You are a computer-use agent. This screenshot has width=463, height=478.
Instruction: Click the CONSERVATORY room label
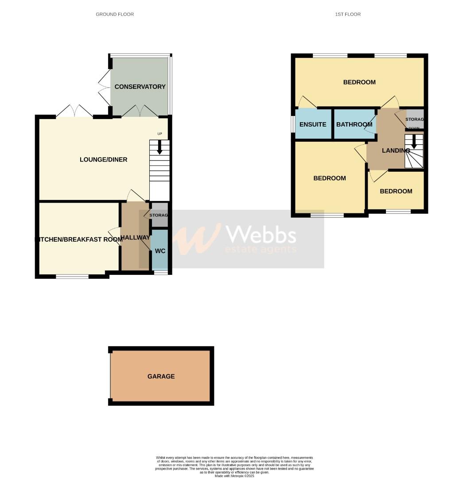[x=140, y=87]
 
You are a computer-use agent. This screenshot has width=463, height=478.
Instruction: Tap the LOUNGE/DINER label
[x=103, y=159]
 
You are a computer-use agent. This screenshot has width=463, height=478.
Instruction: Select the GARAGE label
[x=161, y=376]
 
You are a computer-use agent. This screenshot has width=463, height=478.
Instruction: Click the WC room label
[x=160, y=251]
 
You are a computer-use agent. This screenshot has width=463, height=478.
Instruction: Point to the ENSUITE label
[x=313, y=124]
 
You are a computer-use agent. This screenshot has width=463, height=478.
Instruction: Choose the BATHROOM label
[x=354, y=124]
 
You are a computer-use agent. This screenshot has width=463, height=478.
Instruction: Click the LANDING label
[x=396, y=150]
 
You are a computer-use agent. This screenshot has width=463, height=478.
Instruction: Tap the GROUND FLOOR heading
[x=115, y=14]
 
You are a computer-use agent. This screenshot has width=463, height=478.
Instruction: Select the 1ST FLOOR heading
[x=348, y=14]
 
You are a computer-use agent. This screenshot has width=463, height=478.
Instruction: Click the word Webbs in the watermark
[x=261, y=234]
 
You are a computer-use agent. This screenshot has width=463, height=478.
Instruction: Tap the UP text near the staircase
[x=160, y=134]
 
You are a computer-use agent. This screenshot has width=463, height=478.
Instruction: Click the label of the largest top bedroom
[x=359, y=82]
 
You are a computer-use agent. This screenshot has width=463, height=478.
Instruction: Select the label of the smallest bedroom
[x=396, y=191]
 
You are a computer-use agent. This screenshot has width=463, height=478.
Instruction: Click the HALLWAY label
[x=135, y=238]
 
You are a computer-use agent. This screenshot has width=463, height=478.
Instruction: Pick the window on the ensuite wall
[x=292, y=124]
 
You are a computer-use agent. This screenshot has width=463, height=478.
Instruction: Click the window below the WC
[x=161, y=273]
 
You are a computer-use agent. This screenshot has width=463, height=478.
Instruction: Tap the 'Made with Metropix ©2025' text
[x=234, y=476]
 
